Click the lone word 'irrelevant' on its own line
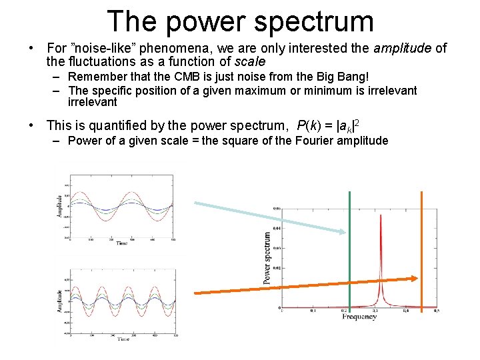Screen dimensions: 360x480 click(93, 102)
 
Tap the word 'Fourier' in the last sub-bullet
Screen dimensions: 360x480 click(313, 141)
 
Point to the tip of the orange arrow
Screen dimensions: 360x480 click(417, 279)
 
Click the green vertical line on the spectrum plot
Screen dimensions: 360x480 click(349, 253)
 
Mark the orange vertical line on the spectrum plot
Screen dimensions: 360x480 click(421, 253)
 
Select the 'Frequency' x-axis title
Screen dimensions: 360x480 click(359, 317)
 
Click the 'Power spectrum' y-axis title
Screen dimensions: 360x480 click(267, 258)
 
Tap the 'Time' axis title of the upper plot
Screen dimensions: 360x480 click(121, 243)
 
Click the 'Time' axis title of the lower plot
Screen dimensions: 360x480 click(123, 339)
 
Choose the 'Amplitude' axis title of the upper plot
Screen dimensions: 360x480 click(60, 206)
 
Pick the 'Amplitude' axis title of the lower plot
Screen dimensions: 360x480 click(60, 302)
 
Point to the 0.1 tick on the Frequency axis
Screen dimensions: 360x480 click(313, 311)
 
